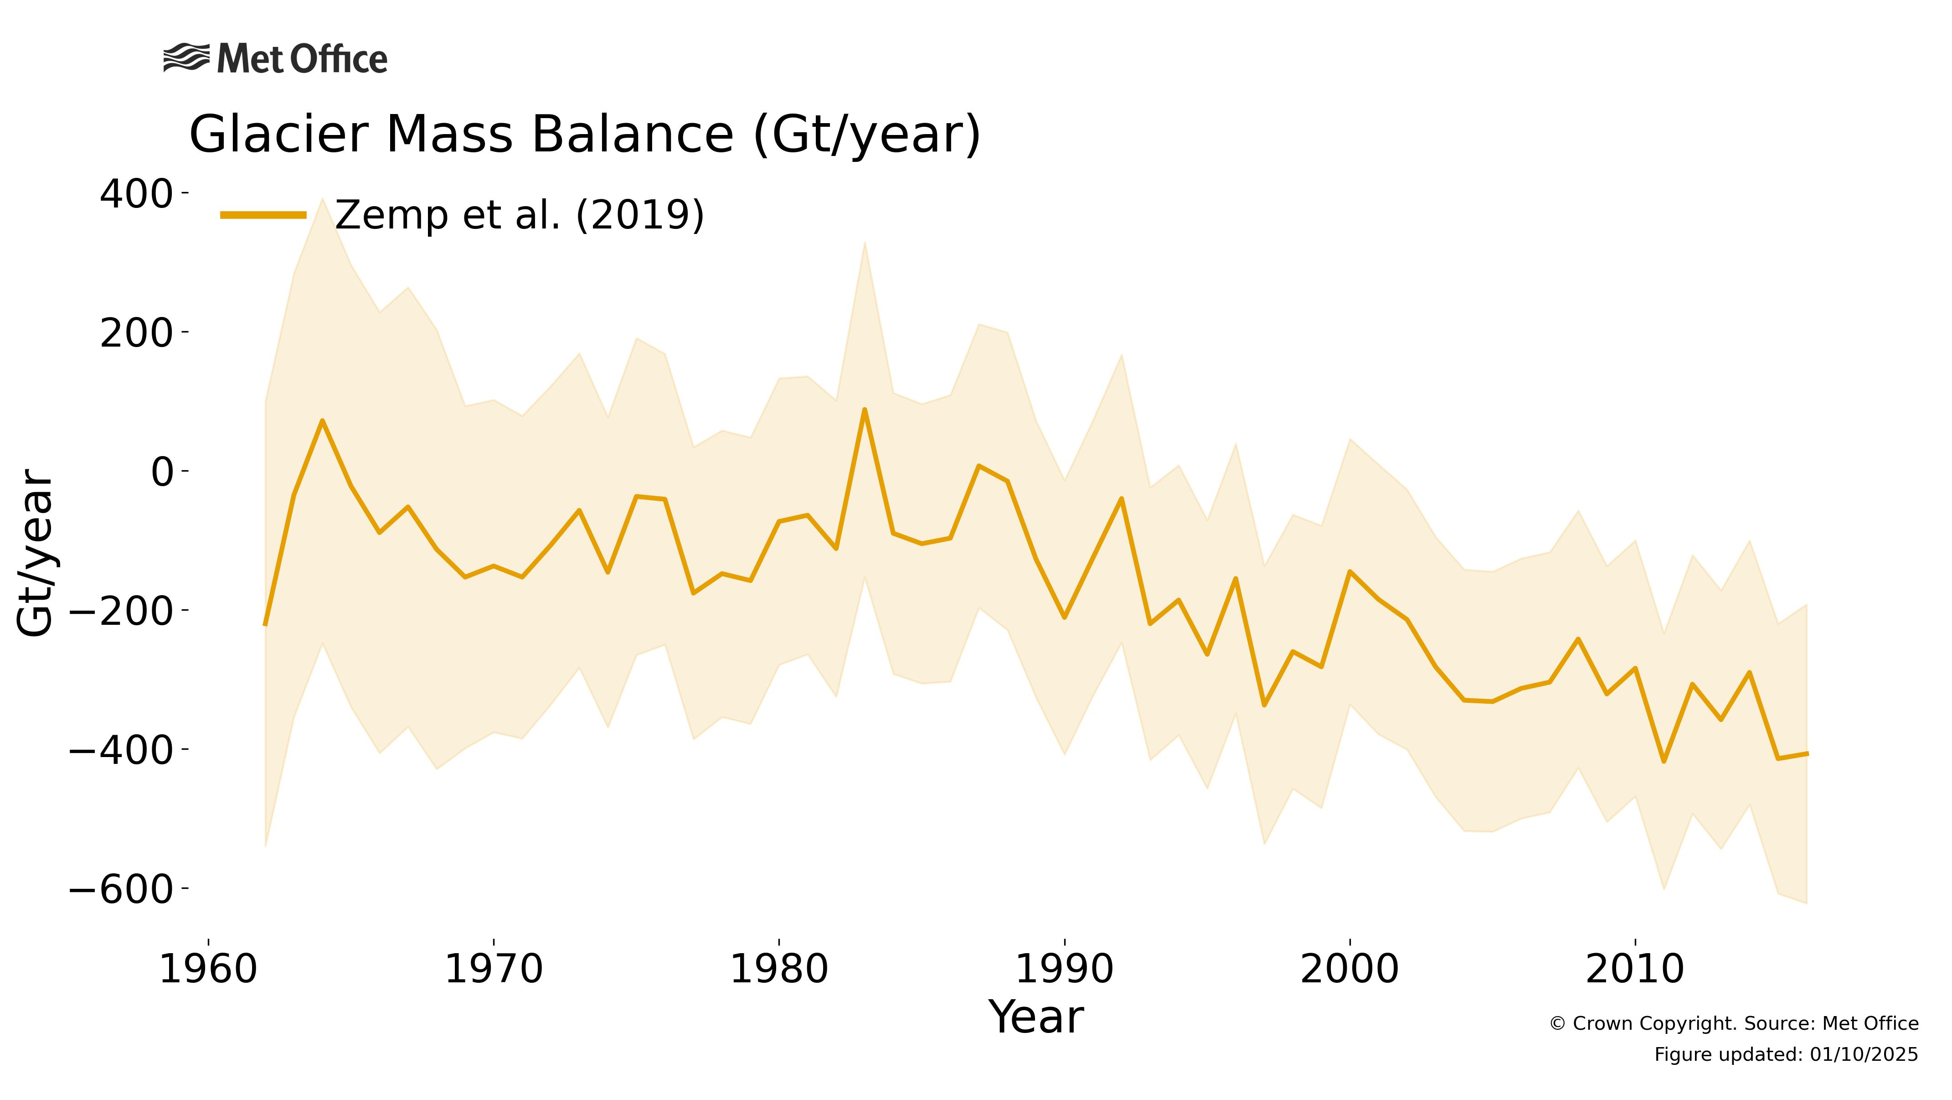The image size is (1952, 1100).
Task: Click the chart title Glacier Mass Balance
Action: (x=584, y=135)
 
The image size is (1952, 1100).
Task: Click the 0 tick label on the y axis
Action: (x=162, y=472)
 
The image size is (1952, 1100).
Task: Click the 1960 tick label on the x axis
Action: (x=208, y=970)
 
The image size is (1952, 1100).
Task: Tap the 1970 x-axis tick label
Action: (x=493, y=970)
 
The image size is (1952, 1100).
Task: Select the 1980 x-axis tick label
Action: (x=779, y=970)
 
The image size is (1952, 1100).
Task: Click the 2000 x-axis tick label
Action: (x=1349, y=970)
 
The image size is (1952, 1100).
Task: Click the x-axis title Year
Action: (x=1036, y=1017)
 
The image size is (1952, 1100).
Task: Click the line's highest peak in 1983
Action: (x=865, y=410)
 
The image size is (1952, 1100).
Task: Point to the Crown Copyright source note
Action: (x=1734, y=1023)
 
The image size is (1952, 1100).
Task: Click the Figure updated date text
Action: (x=1786, y=1054)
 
